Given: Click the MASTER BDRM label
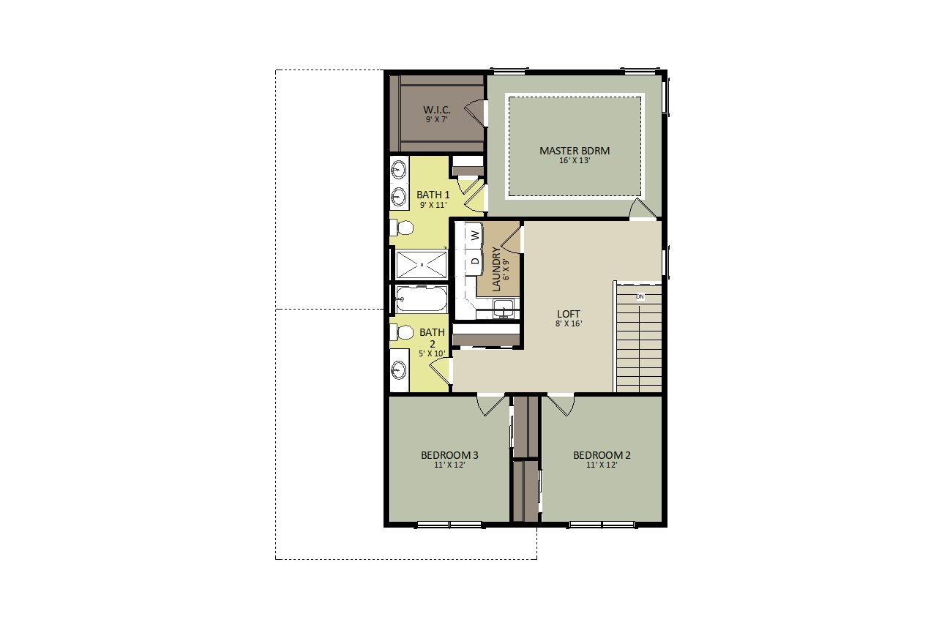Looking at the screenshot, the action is (x=575, y=151).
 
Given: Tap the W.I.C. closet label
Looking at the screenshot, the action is (x=436, y=110).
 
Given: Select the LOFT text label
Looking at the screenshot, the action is (x=568, y=314).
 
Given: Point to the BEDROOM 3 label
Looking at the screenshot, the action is (x=449, y=455).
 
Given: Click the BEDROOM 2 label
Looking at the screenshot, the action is (x=602, y=455).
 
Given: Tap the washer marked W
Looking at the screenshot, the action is (x=474, y=234).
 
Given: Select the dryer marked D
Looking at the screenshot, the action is (x=474, y=261).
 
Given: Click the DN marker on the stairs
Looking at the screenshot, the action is (x=640, y=296).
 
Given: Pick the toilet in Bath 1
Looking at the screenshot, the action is (x=401, y=228).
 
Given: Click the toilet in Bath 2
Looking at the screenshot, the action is (x=401, y=332).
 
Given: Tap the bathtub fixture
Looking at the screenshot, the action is (x=421, y=299).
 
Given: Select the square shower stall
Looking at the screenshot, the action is (x=421, y=265).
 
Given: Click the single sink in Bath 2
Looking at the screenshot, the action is (x=399, y=370).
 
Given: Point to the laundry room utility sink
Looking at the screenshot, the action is (x=504, y=308).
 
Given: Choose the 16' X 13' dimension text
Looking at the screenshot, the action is (x=575, y=161).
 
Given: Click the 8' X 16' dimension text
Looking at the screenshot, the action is (x=569, y=323).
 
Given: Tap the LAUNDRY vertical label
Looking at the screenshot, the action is (x=496, y=269).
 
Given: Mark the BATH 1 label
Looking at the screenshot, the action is (x=433, y=195).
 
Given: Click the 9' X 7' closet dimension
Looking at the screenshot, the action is (x=436, y=119).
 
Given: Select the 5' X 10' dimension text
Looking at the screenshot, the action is (x=432, y=353).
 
